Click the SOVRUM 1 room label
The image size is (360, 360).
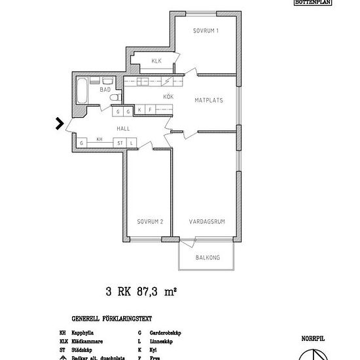(206, 31)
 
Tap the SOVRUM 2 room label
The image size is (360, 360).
(150, 222)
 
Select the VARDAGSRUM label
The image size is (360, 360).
(207, 222)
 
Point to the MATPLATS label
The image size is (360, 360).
(210, 100)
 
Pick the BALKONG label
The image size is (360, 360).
(207, 257)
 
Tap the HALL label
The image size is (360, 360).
(123, 129)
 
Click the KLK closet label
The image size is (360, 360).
(156, 62)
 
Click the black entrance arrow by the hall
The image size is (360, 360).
(60, 122)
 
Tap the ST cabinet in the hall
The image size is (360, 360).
(120, 142)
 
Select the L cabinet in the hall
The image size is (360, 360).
(131, 142)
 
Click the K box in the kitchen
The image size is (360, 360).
(139, 109)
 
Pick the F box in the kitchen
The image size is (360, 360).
(150, 109)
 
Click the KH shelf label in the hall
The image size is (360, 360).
(99, 139)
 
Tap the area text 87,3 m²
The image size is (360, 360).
(157, 292)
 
